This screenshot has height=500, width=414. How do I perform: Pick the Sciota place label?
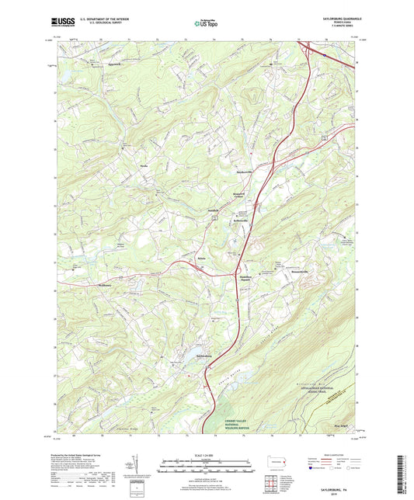point(202,257)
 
